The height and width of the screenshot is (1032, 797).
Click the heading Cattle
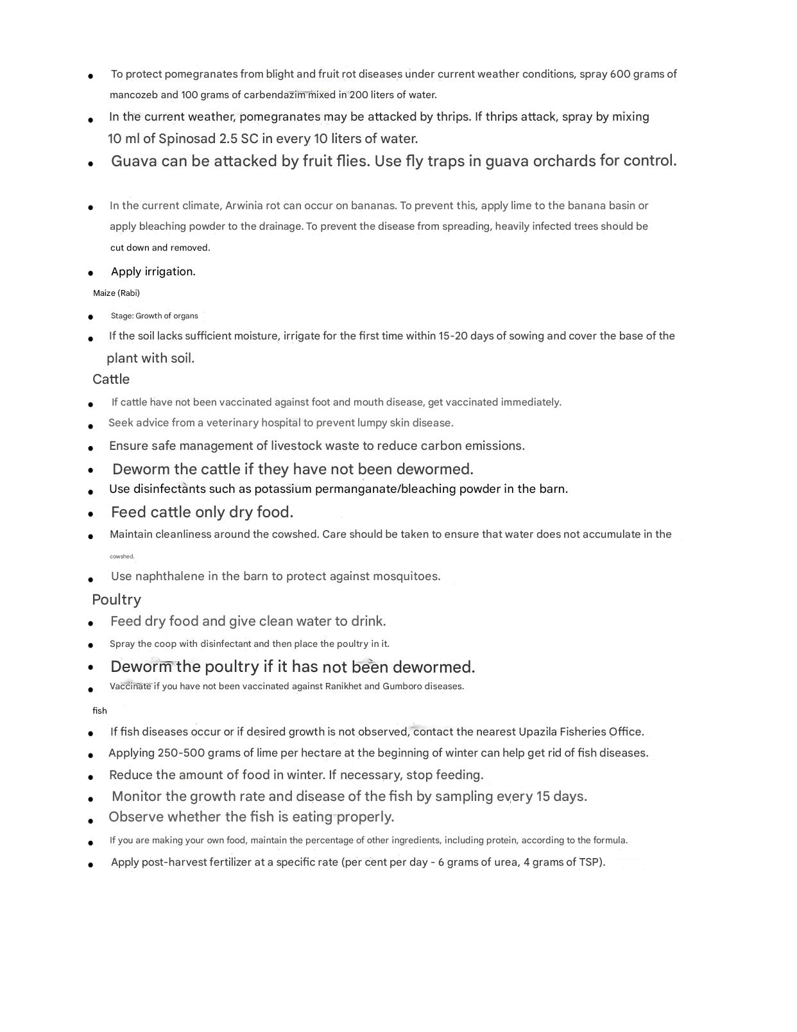(x=111, y=379)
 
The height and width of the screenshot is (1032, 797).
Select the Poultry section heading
(x=116, y=599)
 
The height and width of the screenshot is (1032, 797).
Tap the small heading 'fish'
(x=99, y=710)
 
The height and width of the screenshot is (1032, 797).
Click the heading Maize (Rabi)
(x=116, y=293)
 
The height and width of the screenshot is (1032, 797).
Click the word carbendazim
(x=274, y=95)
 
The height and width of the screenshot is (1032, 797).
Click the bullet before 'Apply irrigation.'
(x=91, y=273)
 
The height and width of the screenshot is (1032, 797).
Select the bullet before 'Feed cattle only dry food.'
(x=91, y=514)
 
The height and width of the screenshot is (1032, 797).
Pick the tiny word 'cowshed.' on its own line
(x=122, y=556)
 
